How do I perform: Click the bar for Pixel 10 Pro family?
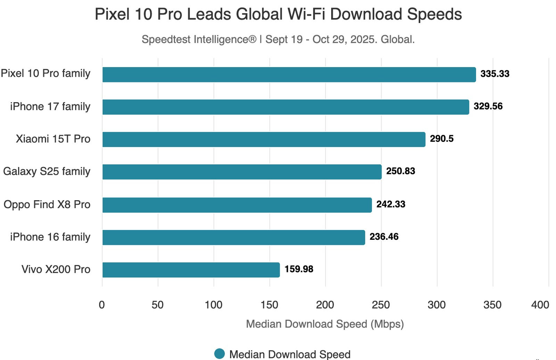[x=289, y=74]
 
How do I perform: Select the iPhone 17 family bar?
[x=286, y=107]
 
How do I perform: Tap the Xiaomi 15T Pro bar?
[x=264, y=139]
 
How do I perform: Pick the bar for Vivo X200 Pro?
[x=191, y=270]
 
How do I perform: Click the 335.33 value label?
[x=495, y=74]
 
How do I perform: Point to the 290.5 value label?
[x=442, y=139]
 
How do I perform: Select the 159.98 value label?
[x=299, y=269]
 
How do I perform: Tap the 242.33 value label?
[x=391, y=204]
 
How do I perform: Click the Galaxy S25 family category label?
[x=47, y=171]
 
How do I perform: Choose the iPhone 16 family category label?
[x=50, y=237]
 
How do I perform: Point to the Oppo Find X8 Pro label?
[x=47, y=204]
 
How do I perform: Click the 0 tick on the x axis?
[x=102, y=305]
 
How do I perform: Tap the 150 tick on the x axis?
[x=269, y=305]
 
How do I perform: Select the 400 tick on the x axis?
[x=540, y=305]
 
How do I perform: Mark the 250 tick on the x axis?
[x=381, y=305]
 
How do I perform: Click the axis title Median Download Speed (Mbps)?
[x=325, y=324]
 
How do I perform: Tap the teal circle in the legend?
[x=220, y=354]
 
